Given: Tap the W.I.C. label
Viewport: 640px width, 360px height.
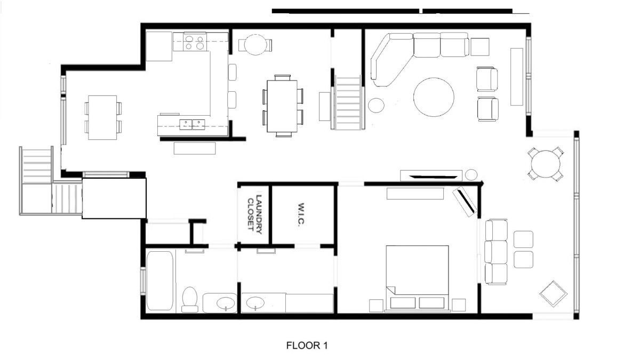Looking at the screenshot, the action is coord(301,215).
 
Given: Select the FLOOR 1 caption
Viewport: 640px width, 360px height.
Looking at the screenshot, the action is coord(307,346).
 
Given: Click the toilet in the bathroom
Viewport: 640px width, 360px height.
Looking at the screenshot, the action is coord(190,299).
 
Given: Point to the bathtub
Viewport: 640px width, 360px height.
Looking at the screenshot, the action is coord(159,281).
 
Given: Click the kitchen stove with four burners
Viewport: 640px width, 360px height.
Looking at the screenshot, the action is coord(195,42).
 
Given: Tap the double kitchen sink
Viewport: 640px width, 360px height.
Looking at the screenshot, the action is coord(192,124).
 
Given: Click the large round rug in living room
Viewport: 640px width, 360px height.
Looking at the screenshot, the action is coord(434,97).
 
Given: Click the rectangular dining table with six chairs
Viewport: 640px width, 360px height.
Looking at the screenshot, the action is coord(282,106).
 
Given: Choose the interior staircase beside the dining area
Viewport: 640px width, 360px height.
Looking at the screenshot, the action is coord(348,102).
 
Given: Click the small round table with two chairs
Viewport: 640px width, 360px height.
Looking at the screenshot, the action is coord(255,45).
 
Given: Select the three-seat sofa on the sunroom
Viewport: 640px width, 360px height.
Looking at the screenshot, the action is coord(497,252).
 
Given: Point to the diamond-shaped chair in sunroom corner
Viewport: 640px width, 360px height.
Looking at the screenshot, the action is coord(553,294).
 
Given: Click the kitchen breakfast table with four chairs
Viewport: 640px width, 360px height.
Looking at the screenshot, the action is coord(103,117).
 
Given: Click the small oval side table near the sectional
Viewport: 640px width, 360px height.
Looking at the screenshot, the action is coord(376,105).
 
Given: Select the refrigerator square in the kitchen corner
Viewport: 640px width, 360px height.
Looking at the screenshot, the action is coord(159,46).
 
